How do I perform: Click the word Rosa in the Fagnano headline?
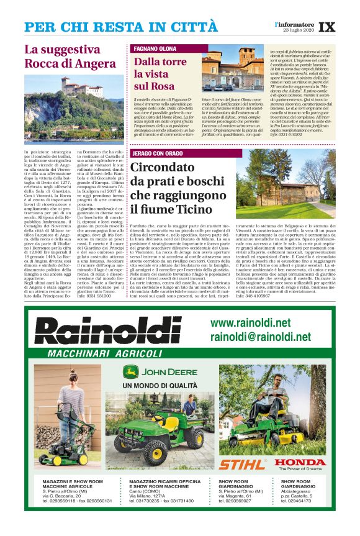pos(163,86)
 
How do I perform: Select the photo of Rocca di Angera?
pos(74,108)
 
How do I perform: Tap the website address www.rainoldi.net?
pos(250,324)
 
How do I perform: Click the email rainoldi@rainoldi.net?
pos(260,337)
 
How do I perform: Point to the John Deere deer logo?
pos(131,372)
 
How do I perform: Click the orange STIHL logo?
pos(241,463)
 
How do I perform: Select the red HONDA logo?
pos(300,462)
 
